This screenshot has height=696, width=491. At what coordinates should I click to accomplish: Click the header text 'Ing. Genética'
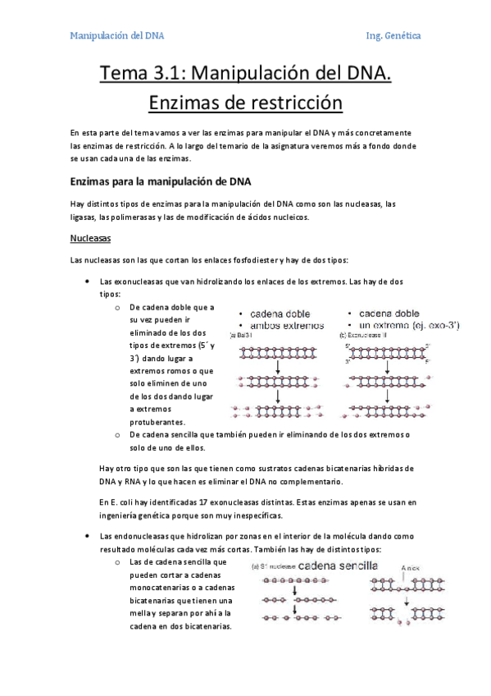click(393, 36)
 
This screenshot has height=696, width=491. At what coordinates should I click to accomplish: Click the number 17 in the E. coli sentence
click(216, 501)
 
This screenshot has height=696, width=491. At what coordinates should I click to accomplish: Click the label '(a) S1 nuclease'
click(273, 566)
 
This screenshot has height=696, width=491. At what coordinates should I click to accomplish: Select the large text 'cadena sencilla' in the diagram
click(338, 565)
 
